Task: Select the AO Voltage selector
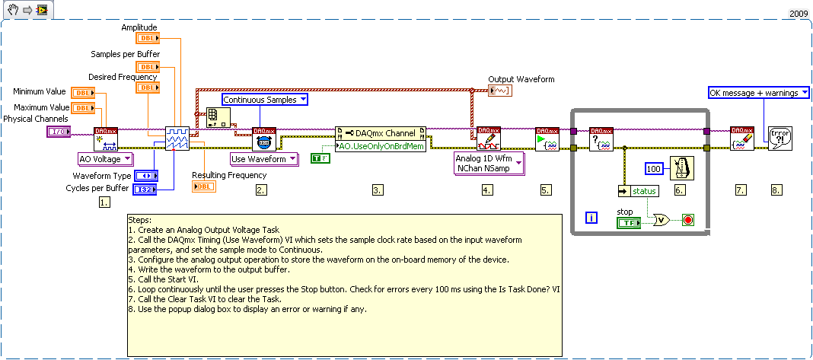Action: pyautogui.click(x=106, y=159)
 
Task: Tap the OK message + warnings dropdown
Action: pyautogui.click(x=758, y=93)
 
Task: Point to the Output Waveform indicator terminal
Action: pyautogui.click(x=500, y=91)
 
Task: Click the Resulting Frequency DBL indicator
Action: pyautogui.click(x=203, y=186)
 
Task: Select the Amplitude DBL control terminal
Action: pyautogui.click(x=147, y=38)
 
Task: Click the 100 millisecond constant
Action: pyautogui.click(x=655, y=167)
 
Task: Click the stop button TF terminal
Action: pyautogui.click(x=629, y=222)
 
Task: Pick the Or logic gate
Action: pyautogui.click(x=660, y=220)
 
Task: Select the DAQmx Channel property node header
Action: pyautogui.click(x=378, y=133)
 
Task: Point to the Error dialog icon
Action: pyautogui.click(x=778, y=138)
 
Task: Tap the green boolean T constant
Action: pyautogui.click(x=319, y=158)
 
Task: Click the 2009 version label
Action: pyautogui.click(x=799, y=14)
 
